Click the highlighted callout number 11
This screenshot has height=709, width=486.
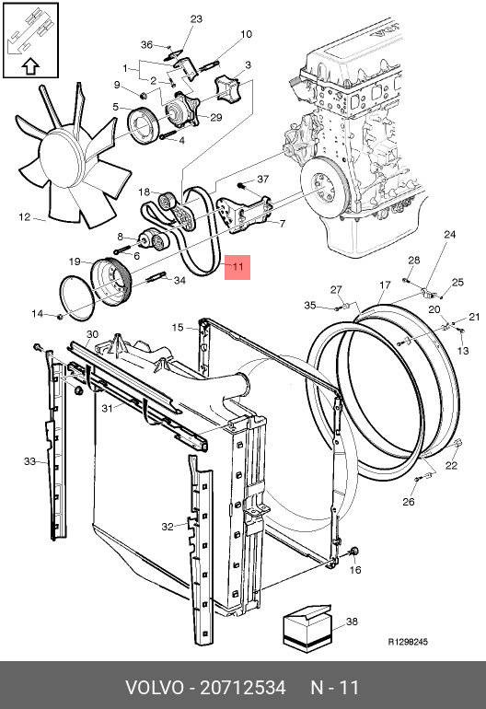(x=237, y=266)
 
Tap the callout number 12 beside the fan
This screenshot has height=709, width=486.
(x=25, y=217)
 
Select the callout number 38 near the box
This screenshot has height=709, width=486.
(x=352, y=622)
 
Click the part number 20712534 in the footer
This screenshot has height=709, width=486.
(x=243, y=687)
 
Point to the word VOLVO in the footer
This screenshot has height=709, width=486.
(x=155, y=687)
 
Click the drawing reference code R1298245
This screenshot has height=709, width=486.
(x=408, y=642)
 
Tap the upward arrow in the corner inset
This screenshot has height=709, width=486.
(x=30, y=66)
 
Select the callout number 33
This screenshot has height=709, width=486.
(x=29, y=461)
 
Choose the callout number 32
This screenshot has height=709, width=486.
(x=168, y=527)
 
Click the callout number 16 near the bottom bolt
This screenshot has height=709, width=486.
(x=356, y=570)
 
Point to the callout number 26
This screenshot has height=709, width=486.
(x=409, y=502)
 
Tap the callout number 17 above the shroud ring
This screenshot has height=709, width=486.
(x=385, y=285)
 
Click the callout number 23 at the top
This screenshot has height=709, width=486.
(x=196, y=19)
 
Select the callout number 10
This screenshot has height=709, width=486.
(x=246, y=34)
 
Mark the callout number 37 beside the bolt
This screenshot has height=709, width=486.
(x=263, y=180)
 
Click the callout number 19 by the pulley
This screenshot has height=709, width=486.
(x=75, y=262)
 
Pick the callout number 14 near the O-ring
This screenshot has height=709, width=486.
(x=37, y=313)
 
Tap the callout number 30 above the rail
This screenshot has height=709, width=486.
(x=92, y=334)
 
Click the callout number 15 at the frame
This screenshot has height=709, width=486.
(x=178, y=327)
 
